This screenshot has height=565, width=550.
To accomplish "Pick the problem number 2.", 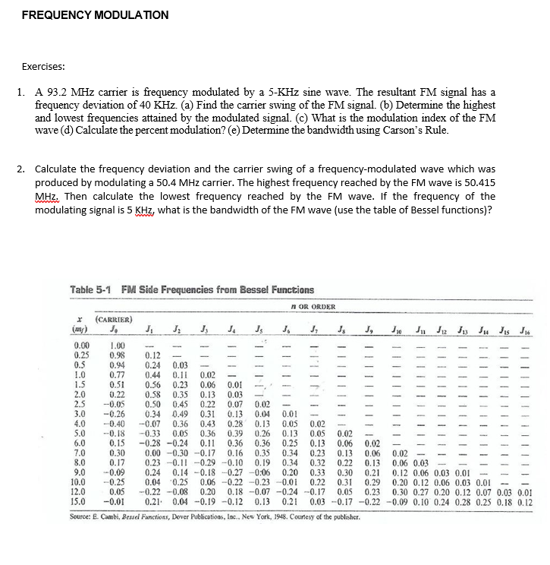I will click(20, 168).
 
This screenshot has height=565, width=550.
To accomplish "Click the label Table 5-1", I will click(92, 290).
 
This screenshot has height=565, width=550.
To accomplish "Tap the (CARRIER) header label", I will click(115, 320).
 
